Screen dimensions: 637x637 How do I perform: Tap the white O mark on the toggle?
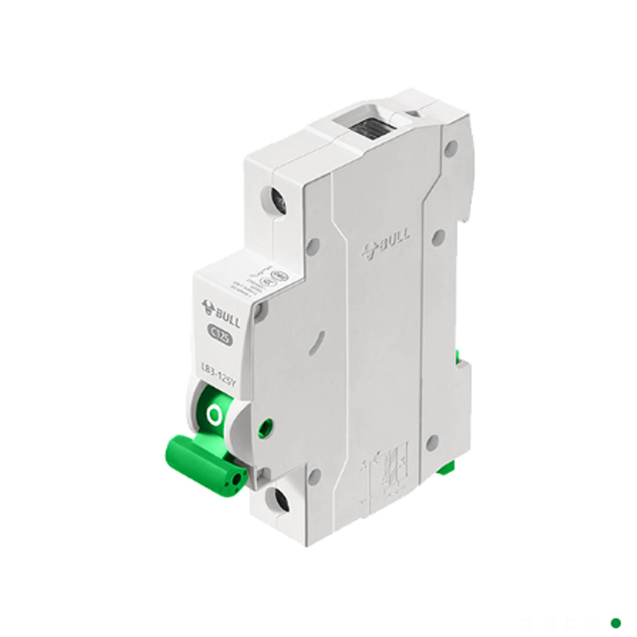(214, 415)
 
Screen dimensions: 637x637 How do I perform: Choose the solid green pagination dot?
(616, 623)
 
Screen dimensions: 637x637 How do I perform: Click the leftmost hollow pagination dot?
(526, 623)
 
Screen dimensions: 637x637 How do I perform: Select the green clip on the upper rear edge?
(460, 357)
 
